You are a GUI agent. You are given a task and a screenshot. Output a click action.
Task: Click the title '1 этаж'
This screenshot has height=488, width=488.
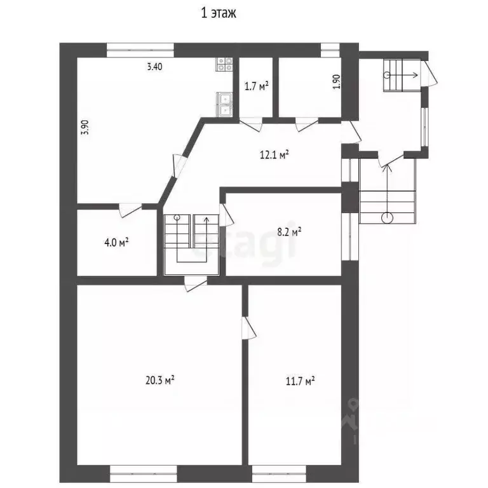pyautogui.click(x=219, y=13)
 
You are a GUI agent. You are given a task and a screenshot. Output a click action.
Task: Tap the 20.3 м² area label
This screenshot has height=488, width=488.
pyautogui.click(x=159, y=380)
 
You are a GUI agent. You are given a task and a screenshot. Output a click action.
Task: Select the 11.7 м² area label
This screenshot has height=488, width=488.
pyautogui.click(x=301, y=381)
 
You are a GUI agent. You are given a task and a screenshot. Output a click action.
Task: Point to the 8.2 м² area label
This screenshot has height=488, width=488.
pyautogui.click(x=289, y=232)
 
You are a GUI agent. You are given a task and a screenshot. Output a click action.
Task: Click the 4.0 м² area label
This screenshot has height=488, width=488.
pyautogui.click(x=116, y=242)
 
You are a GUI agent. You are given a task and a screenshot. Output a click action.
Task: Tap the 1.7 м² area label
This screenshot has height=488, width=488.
pyautogui.click(x=257, y=86)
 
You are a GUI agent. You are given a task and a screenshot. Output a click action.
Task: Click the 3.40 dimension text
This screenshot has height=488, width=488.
pyautogui.click(x=154, y=67)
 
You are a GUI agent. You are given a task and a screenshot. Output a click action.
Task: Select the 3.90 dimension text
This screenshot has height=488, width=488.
pyautogui.click(x=85, y=127)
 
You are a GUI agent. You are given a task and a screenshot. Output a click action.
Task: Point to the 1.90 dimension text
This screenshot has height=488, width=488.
pyautogui.click(x=337, y=82)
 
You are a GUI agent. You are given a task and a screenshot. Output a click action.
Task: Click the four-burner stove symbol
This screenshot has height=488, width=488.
pyautogui.click(x=224, y=64)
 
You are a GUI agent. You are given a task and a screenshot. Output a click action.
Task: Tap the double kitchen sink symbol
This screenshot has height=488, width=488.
pyautogui.click(x=224, y=105)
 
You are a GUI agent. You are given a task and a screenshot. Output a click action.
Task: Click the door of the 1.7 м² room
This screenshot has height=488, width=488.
pyautogui.click(x=251, y=125)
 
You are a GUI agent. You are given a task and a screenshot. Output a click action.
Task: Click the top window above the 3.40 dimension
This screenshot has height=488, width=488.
pyautogui.click(x=140, y=50)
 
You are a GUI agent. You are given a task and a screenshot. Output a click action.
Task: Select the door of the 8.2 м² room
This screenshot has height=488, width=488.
pyautogui.click(x=226, y=215)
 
